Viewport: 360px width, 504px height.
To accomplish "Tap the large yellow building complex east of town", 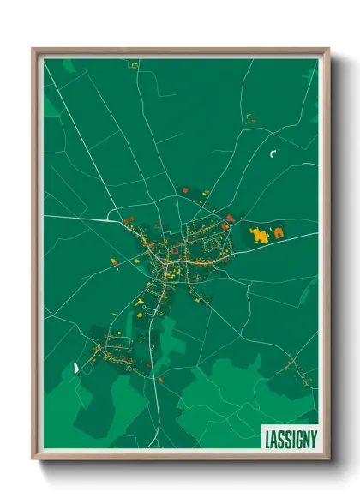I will pyautogui.click(x=259, y=233).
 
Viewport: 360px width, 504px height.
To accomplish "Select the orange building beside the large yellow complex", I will pyautogui.click(x=278, y=231).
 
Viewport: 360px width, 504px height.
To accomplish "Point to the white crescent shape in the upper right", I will pyautogui.click(x=273, y=154).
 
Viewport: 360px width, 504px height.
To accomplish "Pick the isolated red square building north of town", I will pyautogui.click(x=182, y=192).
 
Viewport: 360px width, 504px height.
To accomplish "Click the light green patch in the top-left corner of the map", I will pyautogui.click(x=69, y=66).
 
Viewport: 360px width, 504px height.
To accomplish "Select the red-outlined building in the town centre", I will pyautogui.click(x=174, y=250).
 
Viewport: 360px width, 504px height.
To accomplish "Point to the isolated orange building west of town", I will pyautogui.click(x=112, y=261).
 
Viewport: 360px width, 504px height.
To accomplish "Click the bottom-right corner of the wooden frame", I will pyautogui.click(x=329, y=460).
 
